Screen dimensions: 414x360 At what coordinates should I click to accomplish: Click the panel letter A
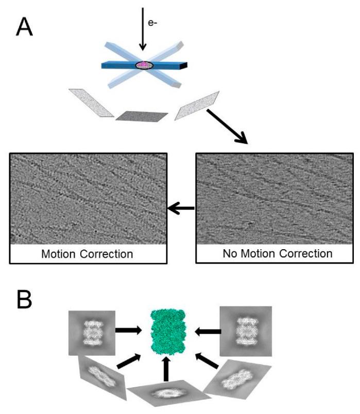coord(24,26)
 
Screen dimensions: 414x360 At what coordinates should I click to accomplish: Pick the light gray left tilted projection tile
coord(91,102)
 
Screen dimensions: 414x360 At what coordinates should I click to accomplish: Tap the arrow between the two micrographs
coord(181,208)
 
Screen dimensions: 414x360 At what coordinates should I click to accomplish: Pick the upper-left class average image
coord(91,332)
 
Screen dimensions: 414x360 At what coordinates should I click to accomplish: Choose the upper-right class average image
coord(245,332)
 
